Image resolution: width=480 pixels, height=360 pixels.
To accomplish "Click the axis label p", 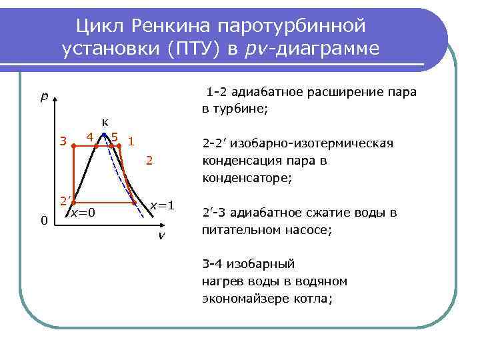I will click(43, 97).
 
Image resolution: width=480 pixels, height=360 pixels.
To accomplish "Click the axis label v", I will click(161, 237).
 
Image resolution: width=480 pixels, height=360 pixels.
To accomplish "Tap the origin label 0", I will click(43, 221).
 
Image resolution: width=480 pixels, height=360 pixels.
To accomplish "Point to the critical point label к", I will click(105, 121).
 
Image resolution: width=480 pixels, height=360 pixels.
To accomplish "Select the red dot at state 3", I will click(73, 143).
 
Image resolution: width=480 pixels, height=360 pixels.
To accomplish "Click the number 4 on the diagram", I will click(89, 137).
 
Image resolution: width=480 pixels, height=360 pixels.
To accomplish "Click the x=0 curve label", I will click(84, 213).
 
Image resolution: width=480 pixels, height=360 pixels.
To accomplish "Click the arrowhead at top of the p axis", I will click(55, 99).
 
